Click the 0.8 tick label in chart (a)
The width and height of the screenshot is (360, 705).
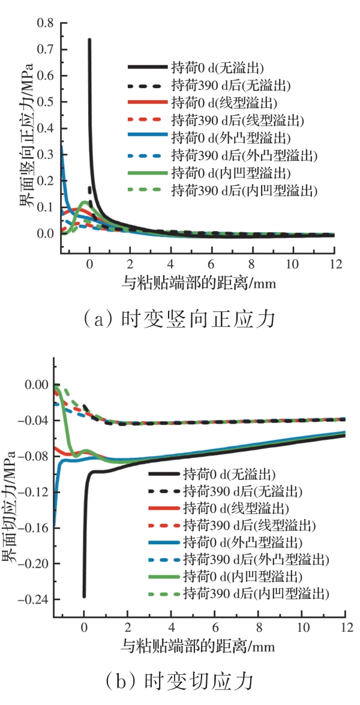click(45, 23)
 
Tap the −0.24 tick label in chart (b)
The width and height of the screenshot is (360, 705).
click(37, 599)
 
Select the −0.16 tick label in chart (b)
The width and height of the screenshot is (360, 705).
click(37, 528)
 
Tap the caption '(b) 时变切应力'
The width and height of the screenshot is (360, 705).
click(179, 682)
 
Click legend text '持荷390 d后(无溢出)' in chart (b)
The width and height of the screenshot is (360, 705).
click(243, 491)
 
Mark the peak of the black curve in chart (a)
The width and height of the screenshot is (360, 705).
click(89, 40)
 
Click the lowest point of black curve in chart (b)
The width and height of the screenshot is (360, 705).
click(84, 596)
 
